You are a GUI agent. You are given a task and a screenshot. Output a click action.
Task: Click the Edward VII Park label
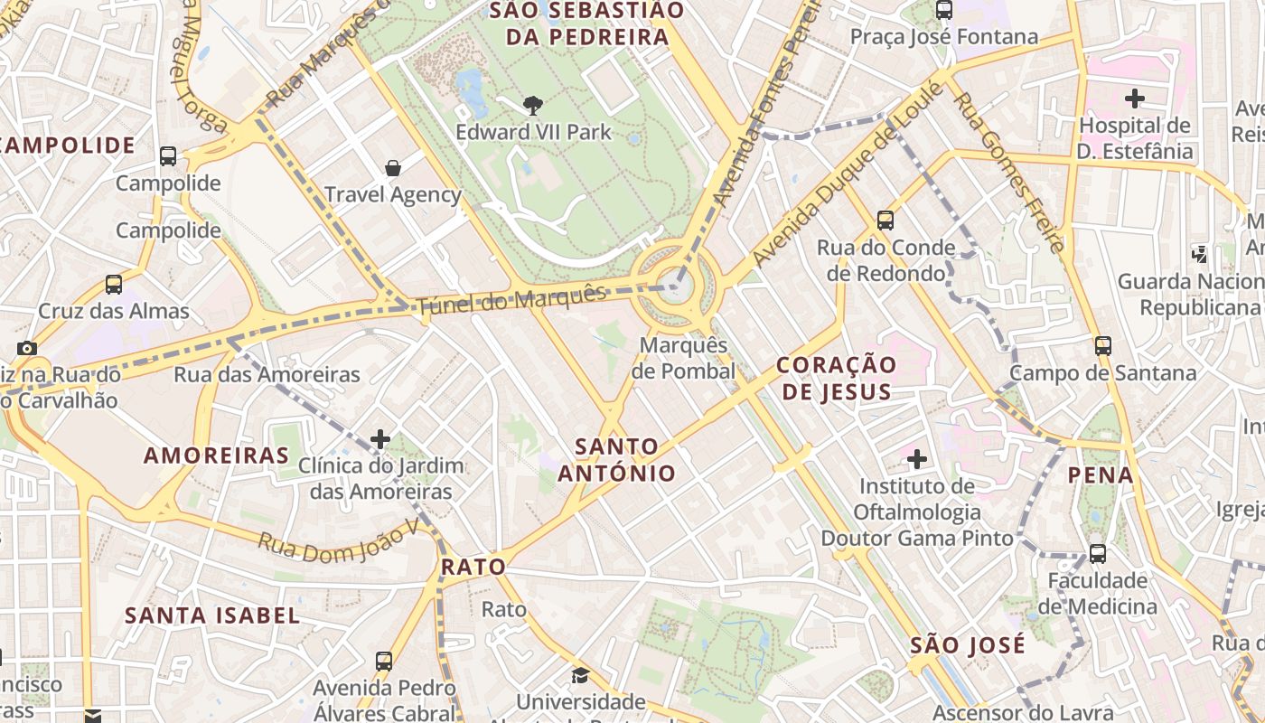click(x=533, y=132)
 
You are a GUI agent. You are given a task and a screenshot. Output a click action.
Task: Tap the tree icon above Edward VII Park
click(x=533, y=105)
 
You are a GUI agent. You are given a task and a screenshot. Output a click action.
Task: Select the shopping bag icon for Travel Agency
click(x=393, y=167)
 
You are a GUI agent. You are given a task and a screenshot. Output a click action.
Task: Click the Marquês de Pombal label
click(x=683, y=358)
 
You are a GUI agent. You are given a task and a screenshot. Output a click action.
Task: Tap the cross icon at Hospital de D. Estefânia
click(x=1135, y=98)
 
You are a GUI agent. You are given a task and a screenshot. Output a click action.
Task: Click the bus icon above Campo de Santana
click(x=1102, y=345)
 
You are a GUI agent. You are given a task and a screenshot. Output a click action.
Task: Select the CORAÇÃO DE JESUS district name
click(x=837, y=378)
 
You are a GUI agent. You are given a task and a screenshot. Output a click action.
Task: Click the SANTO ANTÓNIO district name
click(x=616, y=459)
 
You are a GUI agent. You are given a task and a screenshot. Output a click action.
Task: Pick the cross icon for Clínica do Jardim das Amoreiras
click(x=380, y=439)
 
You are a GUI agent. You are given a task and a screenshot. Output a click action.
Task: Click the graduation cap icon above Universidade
click(x=580, y=675)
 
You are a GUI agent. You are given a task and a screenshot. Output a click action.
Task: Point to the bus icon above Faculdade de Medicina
click(x=1097, y=553)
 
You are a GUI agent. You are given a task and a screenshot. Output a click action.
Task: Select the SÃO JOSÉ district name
click(x=968, y=645)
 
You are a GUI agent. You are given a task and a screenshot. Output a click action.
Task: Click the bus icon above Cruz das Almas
click(x=114, y=284)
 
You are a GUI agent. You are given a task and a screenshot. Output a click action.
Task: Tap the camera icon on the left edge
click(x=27, y=348)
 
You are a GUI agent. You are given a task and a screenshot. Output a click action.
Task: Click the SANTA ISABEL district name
click(x=212, y=615)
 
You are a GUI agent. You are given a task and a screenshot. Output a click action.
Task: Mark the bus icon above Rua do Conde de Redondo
click(x=885, y=220)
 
